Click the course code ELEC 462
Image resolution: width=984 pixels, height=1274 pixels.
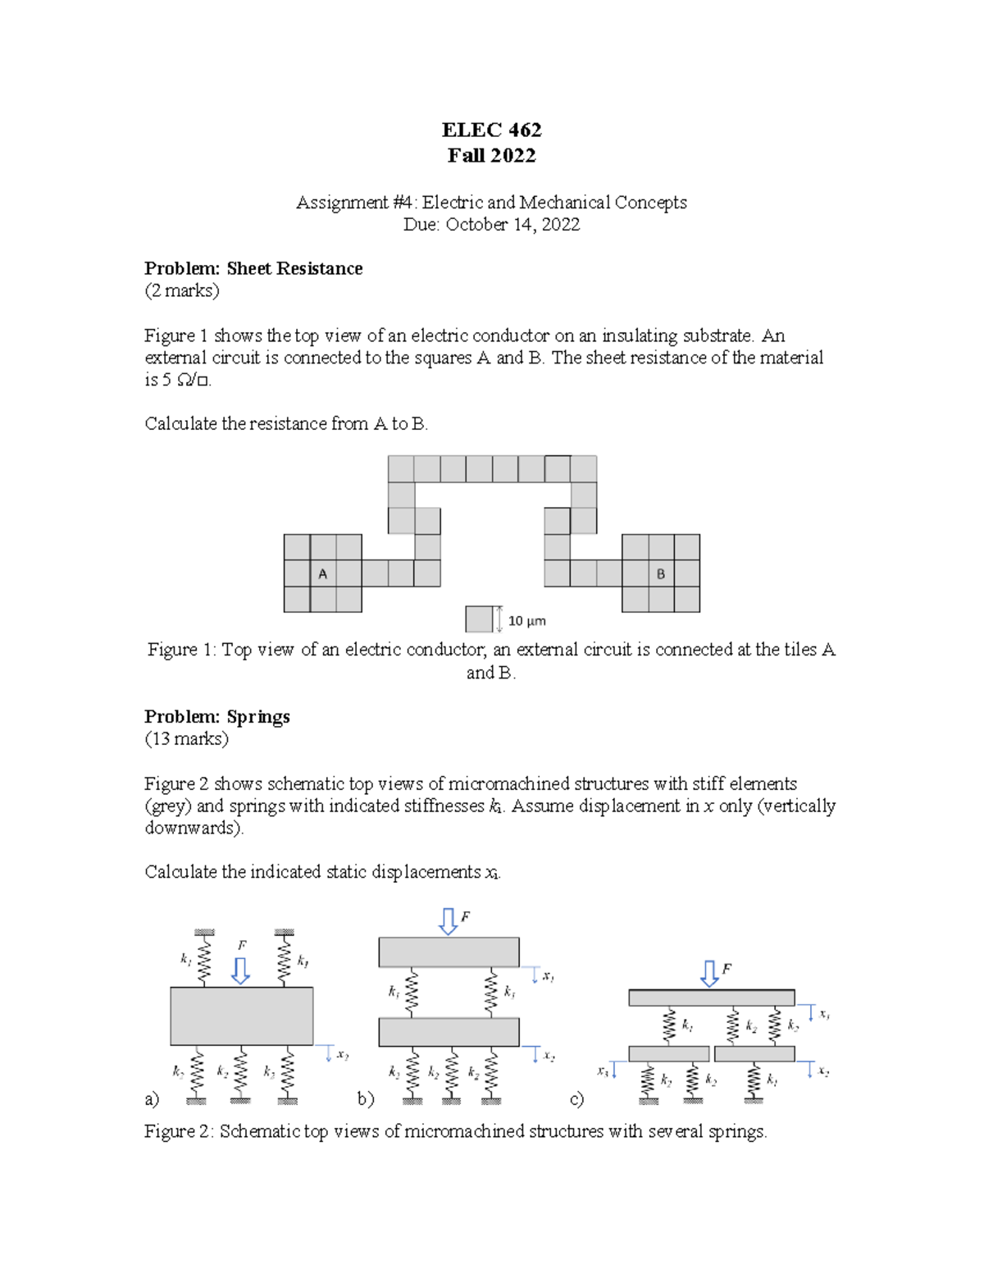(x=491, y=130)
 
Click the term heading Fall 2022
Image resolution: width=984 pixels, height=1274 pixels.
(x=491, y=155)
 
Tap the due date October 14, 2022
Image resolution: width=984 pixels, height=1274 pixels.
(x=512, y=225)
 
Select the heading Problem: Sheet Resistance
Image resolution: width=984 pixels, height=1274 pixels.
(x=253, y=268)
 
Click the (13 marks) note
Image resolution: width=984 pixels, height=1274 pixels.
(x=186, y=738)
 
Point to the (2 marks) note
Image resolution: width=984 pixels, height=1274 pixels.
(x=182, y=290)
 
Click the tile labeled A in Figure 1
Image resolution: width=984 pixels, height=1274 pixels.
(x=323, y=573)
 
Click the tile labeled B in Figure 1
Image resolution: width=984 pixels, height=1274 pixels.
(x=661, y=573)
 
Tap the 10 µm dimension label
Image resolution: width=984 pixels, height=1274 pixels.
(x=526, y=621)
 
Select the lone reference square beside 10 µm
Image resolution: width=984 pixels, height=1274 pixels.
(x=479, y=619)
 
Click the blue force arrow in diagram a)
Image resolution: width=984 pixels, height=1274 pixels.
(x=241, y=970)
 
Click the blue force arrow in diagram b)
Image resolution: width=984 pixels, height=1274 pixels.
(x=449, y=921)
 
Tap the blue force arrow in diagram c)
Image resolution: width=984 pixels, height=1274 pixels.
(x=709, y=974)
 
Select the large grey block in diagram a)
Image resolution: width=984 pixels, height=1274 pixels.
(x=242, y=1016)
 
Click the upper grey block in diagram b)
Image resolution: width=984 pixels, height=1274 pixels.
(x=449, y=952)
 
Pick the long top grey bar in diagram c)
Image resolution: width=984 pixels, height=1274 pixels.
(x=711, y=998)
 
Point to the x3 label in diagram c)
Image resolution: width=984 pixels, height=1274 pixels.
(x=603, y=1071)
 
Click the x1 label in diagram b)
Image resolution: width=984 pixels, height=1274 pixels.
(x=549, y=976)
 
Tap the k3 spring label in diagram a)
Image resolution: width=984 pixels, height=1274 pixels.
(x=269, y=1071)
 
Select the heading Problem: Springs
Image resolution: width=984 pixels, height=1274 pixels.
(x=217, y=716)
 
